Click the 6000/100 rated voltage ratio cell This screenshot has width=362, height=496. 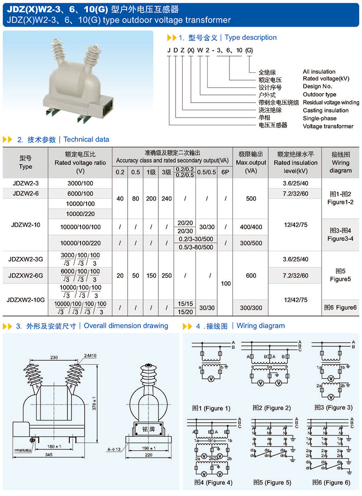point(81,193)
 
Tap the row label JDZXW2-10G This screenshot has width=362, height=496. point(26,299)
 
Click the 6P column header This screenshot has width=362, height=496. point(225,172)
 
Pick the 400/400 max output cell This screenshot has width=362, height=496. point(251,227)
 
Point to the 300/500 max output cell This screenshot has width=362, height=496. point(251,243)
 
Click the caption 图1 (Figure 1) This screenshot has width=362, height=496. point(211,408)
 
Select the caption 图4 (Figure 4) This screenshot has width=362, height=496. point(213,482)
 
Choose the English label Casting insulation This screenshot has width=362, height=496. point(325,110)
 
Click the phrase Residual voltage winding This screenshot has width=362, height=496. point(331,103)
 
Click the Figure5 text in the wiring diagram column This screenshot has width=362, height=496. point(340,279)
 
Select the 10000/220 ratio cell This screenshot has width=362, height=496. point(81,213)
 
